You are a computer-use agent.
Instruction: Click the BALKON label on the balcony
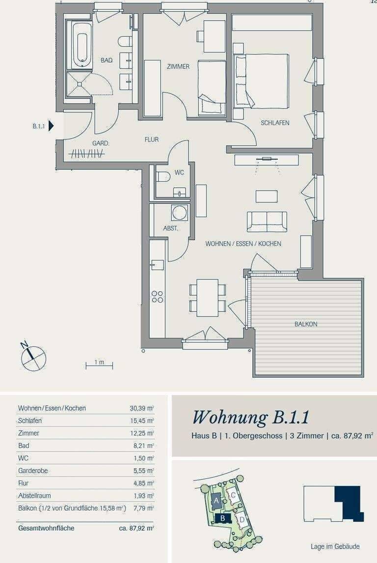pyautogui.click(x=306, y=324)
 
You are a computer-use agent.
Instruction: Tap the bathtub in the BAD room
pyautogui.click(x=82, y=45)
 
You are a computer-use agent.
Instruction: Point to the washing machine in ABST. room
pyautogui.click(x=179, y=213)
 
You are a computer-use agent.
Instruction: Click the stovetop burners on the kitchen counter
pyautogui.click(x=157, y=297)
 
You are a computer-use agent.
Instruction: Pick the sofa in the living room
pyautogui.click(x=267, y=222)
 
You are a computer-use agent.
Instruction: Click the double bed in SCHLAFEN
pyautogui.click(x=261, y=81)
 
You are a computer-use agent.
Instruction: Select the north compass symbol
pyautogui.click(x=33, y=357)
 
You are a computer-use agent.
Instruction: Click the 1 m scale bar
pyautogui.click(x=99, y=366)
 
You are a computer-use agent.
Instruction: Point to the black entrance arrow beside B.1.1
pyautogui.click(x=51, y=126)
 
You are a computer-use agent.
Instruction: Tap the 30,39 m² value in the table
pyautogui.click(x=142, y=408)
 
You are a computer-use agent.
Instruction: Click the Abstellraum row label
pyautogui.click(x=34, y=496)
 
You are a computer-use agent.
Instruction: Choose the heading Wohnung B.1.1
pyautogui.click(x=251, y=418)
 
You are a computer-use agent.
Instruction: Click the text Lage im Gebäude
pyautogui.click(x=335, y=546)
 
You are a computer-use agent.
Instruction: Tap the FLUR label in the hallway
pyautogui.click(x=151, y=140)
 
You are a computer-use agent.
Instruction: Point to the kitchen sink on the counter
pyautogui.click(x=157, y=265)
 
